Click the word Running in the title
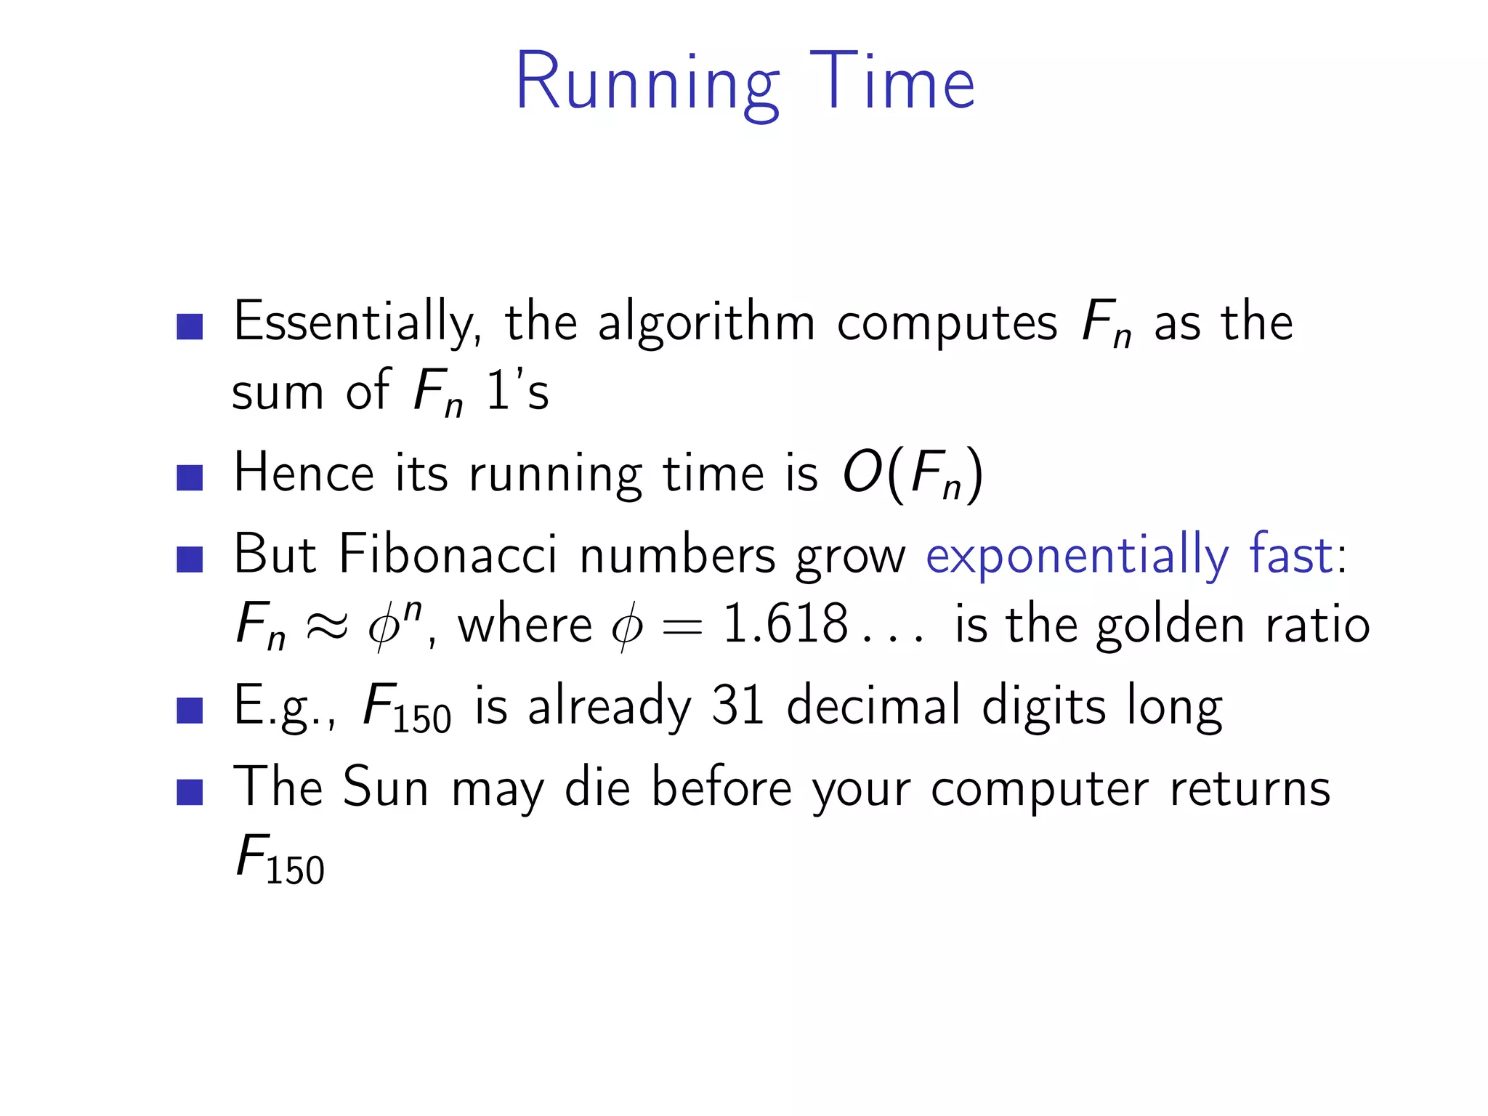point(647,84)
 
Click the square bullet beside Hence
point(190,478)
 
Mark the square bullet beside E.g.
point(190,711)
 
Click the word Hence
point(304,474)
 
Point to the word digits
point(1043,706)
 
